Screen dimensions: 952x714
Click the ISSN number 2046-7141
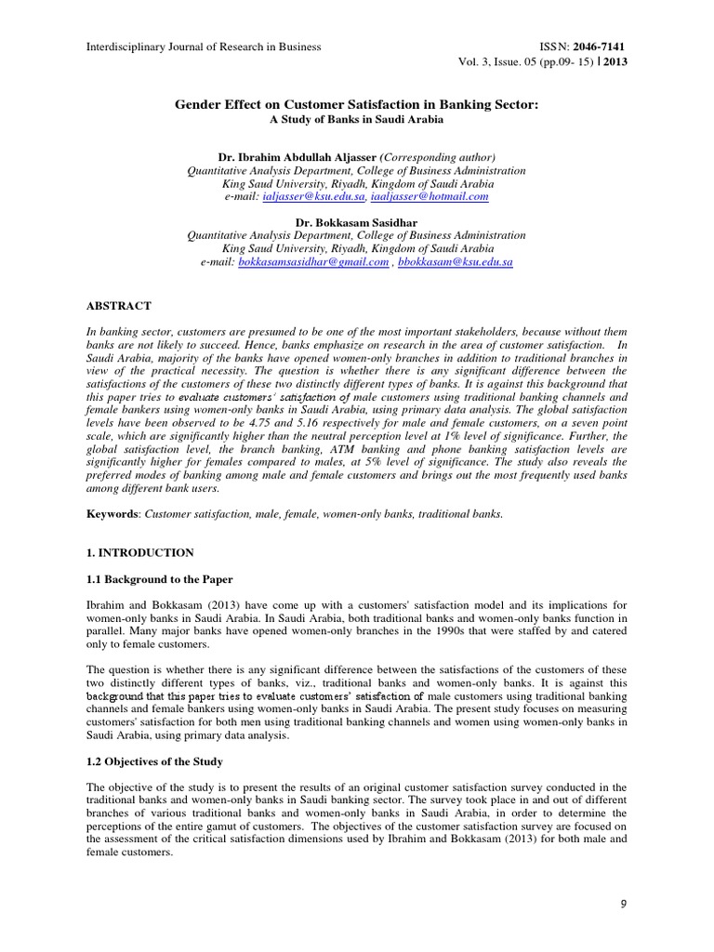605,46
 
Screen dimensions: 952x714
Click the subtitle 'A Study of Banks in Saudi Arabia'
357,120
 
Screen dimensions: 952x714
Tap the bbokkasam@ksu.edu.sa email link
456,263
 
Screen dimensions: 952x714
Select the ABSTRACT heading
119,305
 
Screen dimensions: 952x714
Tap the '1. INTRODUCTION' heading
140,552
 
